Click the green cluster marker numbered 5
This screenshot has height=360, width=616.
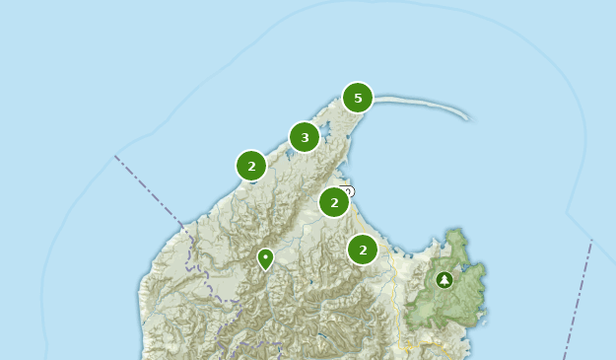pos(358,97)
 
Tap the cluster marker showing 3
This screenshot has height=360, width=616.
pos(305,137)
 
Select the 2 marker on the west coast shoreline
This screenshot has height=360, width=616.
pos(251,166)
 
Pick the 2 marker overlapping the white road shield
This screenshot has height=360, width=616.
pos(334,202)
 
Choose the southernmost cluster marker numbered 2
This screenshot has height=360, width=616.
pos(363,250)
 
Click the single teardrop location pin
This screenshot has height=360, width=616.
pos(265,258)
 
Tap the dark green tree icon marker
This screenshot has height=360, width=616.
pos(445,280)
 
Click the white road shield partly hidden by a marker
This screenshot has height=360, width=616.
pos(347,190)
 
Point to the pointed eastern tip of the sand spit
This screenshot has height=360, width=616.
pos(466,118)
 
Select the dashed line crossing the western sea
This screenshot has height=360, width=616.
pos(148,188)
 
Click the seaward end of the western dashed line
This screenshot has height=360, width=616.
pos(115,156)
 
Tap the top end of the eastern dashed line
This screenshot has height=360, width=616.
pos(591,243)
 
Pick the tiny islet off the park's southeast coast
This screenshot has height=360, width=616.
pos(483,319)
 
